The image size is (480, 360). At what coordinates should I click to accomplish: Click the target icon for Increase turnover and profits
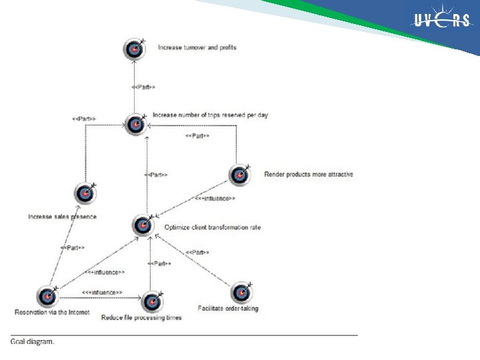click(x=134, y=49)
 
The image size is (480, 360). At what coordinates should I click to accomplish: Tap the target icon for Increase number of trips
click(x=135, y=124)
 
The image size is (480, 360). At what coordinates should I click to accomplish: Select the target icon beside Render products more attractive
click(x=239, y=175)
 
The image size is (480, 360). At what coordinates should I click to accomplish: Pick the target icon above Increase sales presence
click(x=85, y=193)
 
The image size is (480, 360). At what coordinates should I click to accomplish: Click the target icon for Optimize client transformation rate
click(x=143, y=225)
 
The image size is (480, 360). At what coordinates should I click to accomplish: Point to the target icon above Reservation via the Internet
click(x=47, y=297)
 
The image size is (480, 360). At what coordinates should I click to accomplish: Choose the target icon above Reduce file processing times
click(x=153, y=301)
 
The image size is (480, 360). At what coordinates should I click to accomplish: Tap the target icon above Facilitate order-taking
click(x=241, y=293)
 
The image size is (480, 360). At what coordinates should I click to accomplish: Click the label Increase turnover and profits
click(x=197, y=47)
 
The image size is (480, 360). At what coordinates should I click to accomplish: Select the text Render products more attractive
click(x=309, y=175)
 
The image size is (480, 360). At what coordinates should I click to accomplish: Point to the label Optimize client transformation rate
click(x=207, y=227)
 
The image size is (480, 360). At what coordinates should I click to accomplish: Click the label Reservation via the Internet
click(x=43, y=312)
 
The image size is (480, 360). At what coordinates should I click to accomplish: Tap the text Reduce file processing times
click(x=141, y=317)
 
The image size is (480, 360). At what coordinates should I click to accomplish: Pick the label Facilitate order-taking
click(x=228, y=309)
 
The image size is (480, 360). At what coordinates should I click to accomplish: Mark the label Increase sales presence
click(x=62, y=217)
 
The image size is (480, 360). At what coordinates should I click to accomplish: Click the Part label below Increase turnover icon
click(x=144, y=87)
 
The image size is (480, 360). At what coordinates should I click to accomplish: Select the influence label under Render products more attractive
click(x=215, y=198)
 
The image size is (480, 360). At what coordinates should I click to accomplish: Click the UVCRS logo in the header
click(x=441, y=21)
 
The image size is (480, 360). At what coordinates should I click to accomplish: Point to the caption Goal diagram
click(x=33, y=342)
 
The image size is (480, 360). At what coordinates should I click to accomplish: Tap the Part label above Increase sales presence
click(x=83, y=119)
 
